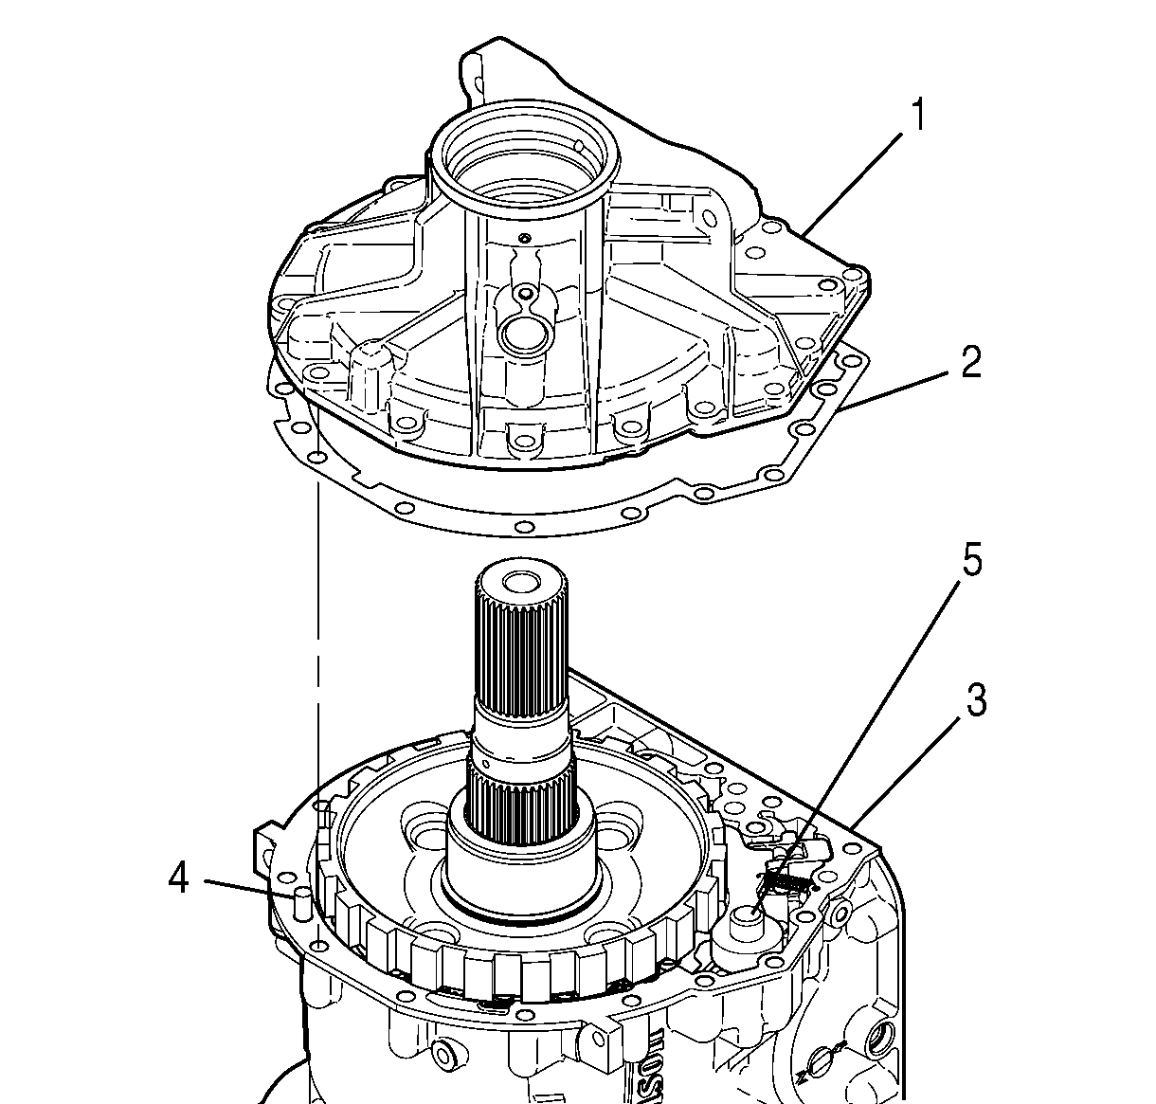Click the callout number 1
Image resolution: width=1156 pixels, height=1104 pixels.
tap(917, 117)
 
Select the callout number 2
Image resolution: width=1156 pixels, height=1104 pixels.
tap(970, 363)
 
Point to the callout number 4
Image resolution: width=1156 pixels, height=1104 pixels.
tap(178, 879)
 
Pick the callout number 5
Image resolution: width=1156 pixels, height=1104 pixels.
tap(972, 561)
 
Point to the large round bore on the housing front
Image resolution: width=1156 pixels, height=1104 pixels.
tap(520, 332)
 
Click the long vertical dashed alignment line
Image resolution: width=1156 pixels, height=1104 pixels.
tap(318, 663)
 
